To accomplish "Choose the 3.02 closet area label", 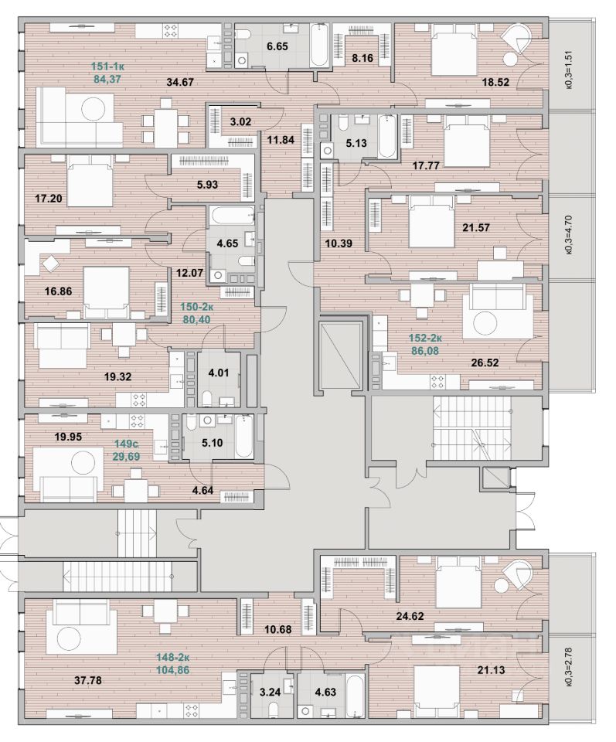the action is tap(241, 121).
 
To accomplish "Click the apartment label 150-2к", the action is tap(199, 306).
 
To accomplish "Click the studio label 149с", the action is tap(127, 444).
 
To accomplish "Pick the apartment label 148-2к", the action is tap(173, 659).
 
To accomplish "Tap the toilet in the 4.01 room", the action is tap(207, 397).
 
